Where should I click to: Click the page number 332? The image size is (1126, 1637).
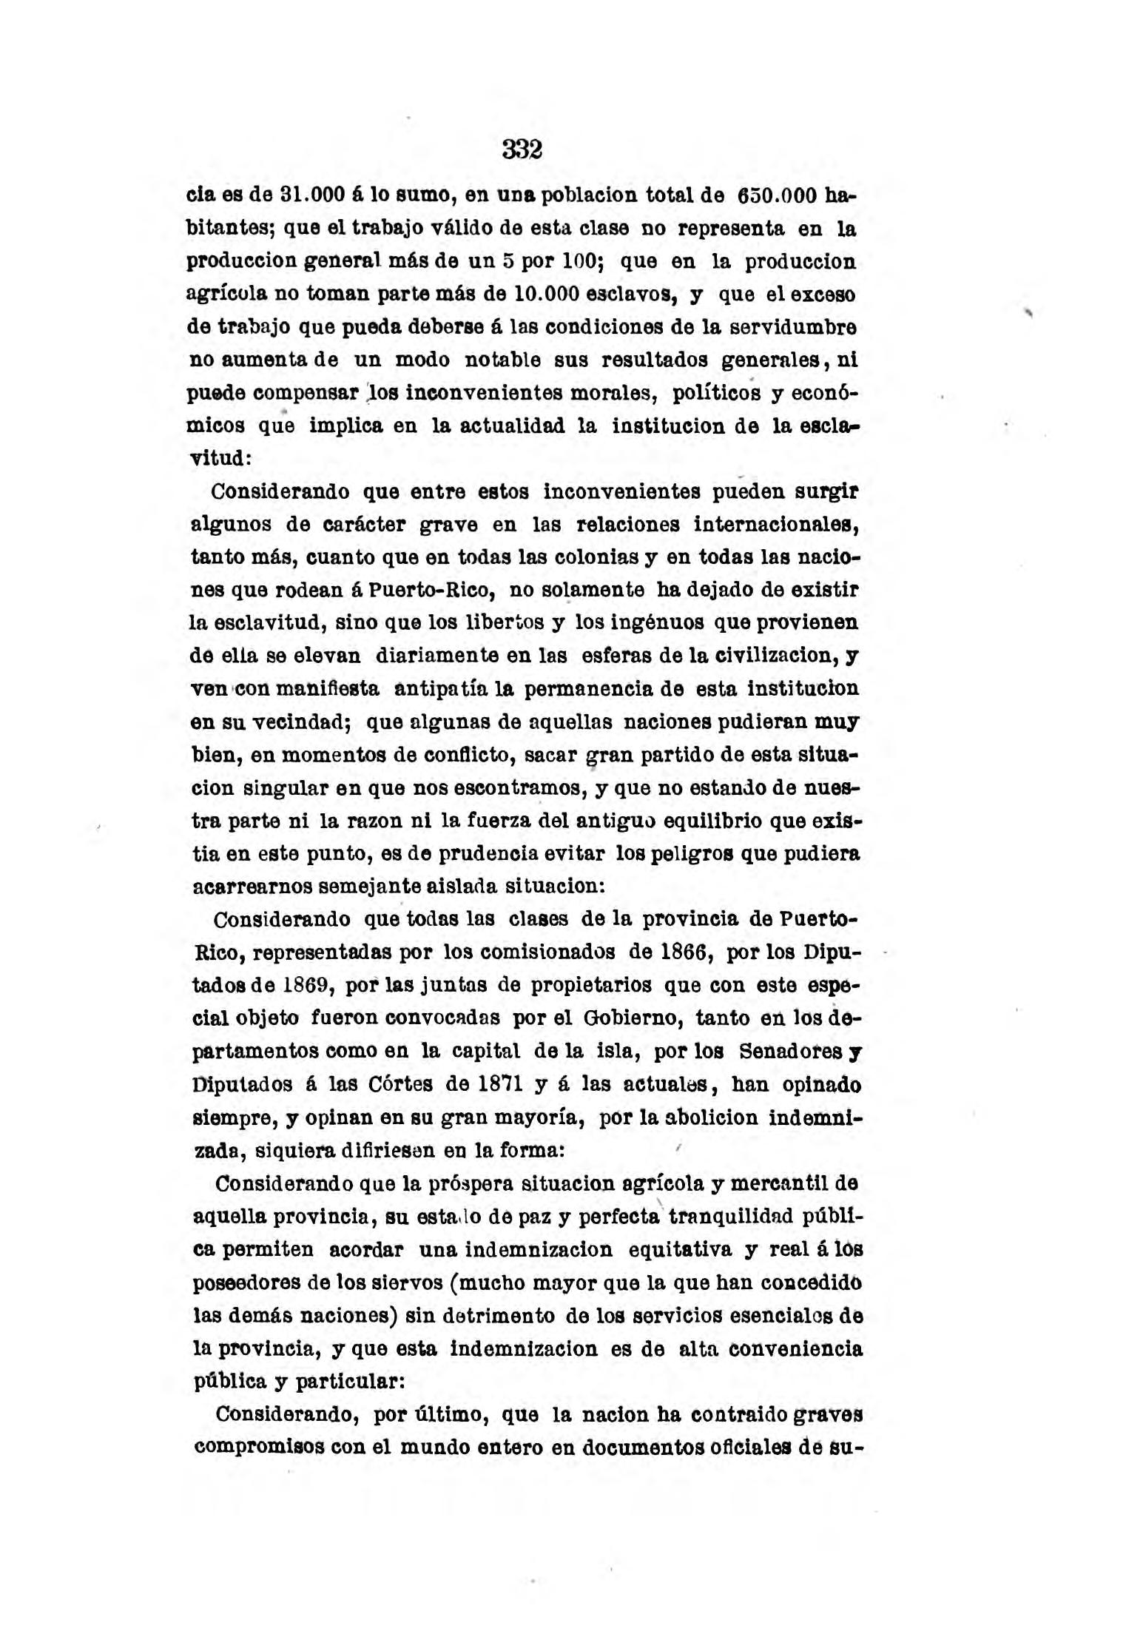point(522,150)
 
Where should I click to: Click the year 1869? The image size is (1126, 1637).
point(311,986)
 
